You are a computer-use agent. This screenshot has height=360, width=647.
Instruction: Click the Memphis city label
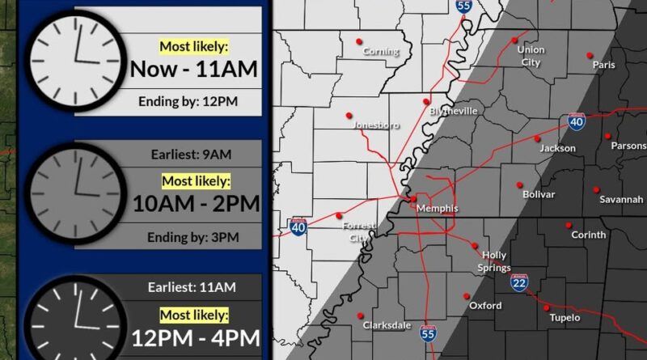pos(437,209)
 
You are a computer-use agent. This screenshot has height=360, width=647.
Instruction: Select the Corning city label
pos(381,52)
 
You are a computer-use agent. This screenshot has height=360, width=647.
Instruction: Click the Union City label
pos(531,56)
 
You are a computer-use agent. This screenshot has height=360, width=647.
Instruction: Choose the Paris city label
pos(603,65)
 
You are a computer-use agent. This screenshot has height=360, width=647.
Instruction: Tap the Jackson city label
pos(558,148)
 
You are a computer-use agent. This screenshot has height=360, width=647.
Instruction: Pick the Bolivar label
pos(539,195)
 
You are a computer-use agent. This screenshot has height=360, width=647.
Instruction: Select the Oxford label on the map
pos(485,306)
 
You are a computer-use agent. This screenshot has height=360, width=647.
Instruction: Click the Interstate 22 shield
pos(518,280)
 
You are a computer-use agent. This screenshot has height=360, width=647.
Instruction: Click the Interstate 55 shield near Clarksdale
pos(429,331)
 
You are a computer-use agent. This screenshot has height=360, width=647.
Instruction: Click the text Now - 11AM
pos(194,69)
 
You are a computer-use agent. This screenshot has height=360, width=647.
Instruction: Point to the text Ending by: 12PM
pos(194,102)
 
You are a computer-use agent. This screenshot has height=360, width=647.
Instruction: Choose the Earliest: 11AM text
pos(192,286)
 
